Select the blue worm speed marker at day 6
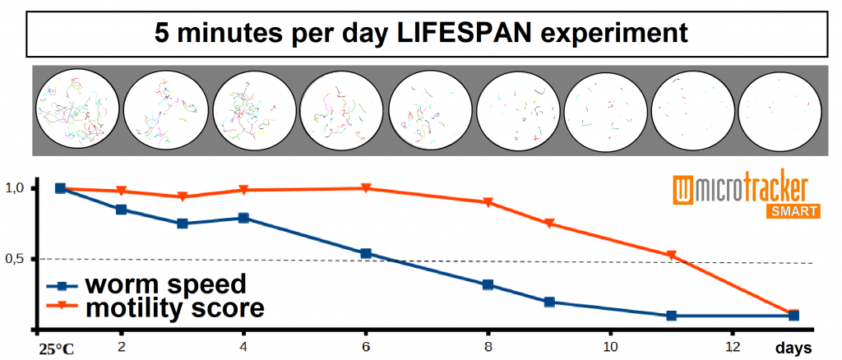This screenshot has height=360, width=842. click(367, 253)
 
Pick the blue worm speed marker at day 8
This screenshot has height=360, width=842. click(488, 285)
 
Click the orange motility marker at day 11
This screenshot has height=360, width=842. click(672, 256)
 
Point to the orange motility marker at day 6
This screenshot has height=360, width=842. click(367, 188)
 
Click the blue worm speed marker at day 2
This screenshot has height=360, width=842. click(122, 210)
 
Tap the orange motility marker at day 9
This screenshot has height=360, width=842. click(549, 224)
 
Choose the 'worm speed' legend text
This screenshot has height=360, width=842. click(165, 285)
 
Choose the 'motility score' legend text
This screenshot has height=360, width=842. click(174, 308)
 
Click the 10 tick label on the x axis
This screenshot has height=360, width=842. click(610, 346)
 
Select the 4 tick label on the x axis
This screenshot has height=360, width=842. click(244, 346)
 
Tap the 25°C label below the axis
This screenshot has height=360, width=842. click(55, 348)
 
